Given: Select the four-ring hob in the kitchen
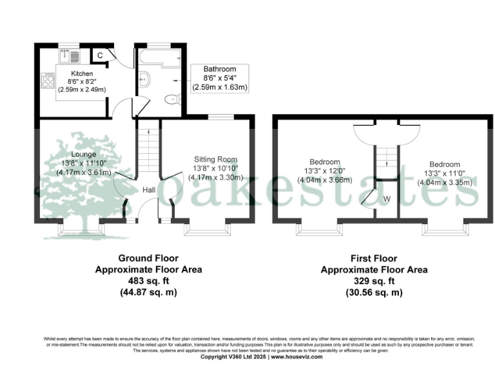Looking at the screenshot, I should click(48, 81).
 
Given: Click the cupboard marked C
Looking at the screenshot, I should click(100, 56).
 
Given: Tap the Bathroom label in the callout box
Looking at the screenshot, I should click(220, 69).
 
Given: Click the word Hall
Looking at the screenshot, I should click(148, 190).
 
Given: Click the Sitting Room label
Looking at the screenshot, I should click(216, 159).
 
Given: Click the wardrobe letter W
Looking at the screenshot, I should click(387, 198).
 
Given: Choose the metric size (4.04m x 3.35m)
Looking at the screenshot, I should click(445, 182).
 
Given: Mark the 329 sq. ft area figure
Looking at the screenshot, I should click(374, 281).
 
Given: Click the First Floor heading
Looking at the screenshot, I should click(374, 258).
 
